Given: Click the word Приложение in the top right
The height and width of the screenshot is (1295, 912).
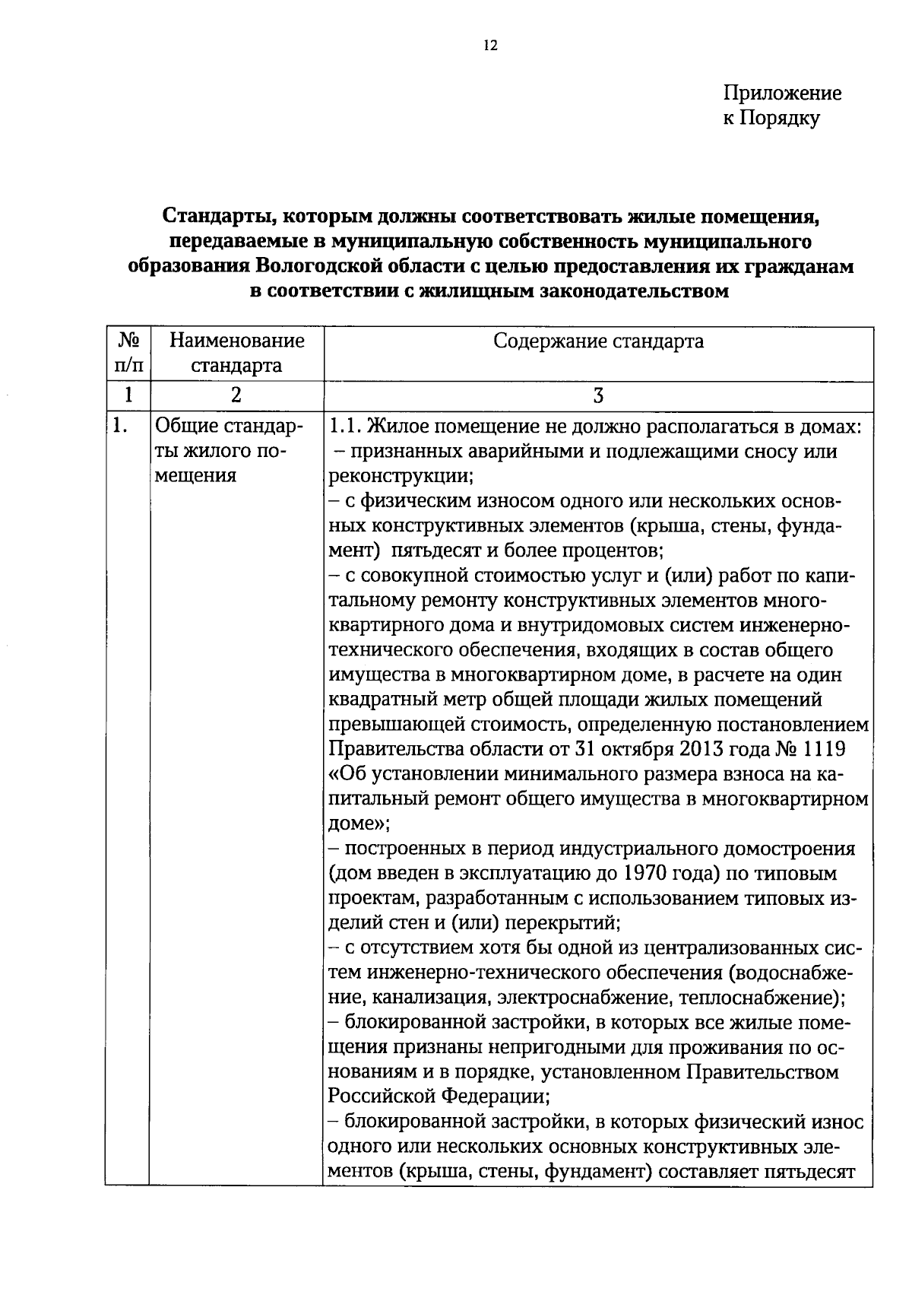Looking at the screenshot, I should point(782,94).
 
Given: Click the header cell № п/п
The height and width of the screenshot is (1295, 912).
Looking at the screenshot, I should point(128,353).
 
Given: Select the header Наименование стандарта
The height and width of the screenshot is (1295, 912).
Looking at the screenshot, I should point(236,353).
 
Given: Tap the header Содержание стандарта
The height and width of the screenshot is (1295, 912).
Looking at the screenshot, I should point(598,341).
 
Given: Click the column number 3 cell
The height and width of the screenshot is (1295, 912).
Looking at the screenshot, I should point(598,395).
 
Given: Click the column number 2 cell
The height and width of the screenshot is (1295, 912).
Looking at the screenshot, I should point(236,395).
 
